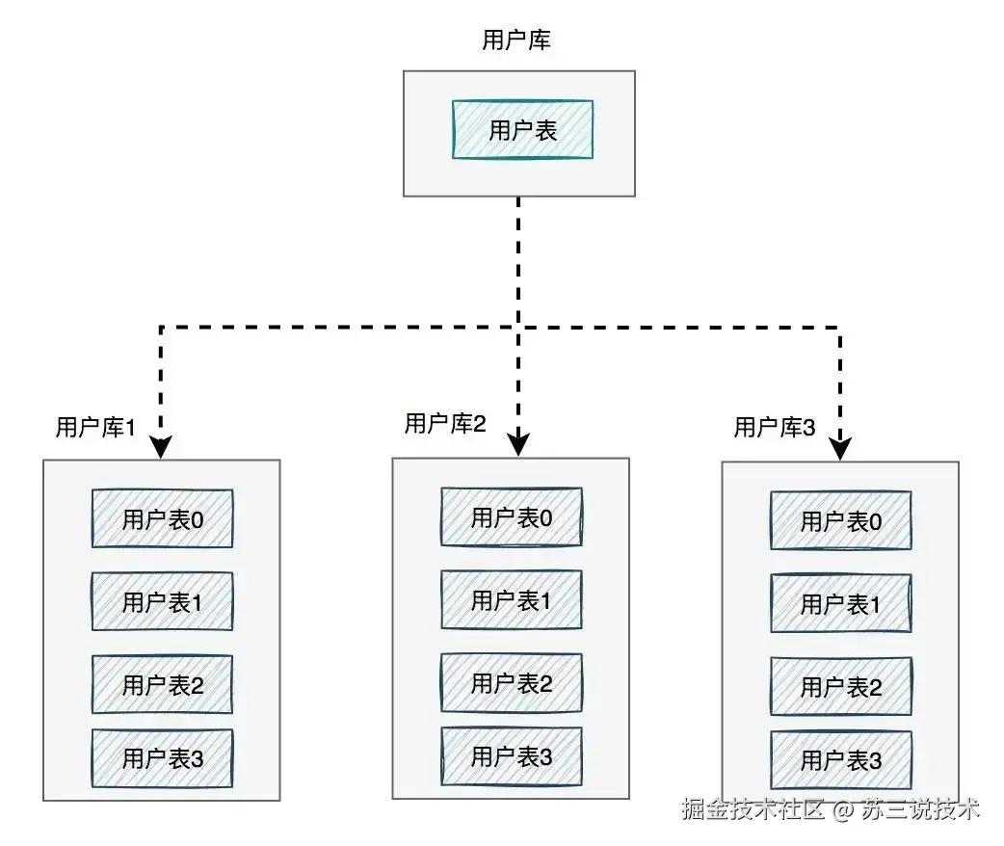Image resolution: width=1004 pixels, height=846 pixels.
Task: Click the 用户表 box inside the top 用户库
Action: coord(522,130)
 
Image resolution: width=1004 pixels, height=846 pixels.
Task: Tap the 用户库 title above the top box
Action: coord(515,40)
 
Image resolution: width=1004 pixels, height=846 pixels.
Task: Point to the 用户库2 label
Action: coord(444,424)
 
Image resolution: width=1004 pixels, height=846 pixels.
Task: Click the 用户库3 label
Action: coord(775,428)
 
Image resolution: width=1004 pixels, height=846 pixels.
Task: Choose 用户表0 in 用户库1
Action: coord(162,519)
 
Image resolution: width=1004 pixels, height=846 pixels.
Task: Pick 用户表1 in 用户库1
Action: coord(162,602)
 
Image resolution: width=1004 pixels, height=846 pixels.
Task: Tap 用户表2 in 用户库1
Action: coord(162,685)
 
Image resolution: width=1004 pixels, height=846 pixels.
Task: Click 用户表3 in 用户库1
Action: coord(162,759)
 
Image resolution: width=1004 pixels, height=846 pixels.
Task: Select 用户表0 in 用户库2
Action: coord(512,517)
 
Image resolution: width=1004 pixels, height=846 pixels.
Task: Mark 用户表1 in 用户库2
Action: coord(512,600)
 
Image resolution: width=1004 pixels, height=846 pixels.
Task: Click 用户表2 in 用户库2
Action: coord(512,683)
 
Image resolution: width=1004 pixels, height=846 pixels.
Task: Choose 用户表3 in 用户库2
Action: coord(512,756)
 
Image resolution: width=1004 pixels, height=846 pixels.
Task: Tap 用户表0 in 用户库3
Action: coord(841,521)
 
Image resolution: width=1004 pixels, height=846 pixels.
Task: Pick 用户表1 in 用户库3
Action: coord(841,604)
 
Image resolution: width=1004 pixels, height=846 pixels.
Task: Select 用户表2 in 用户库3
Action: coord(841,687)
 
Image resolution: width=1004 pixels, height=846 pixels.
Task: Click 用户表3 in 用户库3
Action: coord(841,760)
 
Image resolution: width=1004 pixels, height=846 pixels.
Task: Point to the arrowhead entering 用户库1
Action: coord(161,447)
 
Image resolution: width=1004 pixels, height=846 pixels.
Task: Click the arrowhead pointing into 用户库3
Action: coord(841,448)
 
